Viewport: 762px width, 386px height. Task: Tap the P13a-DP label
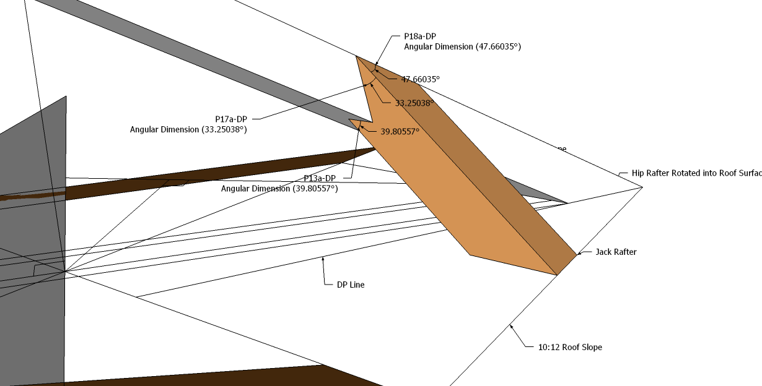tap(320, 178)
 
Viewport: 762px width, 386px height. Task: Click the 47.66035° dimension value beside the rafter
tap(420, 79)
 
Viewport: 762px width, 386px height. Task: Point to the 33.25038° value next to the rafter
tap(414, 103)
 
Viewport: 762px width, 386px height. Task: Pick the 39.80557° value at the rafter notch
tap(400, 131)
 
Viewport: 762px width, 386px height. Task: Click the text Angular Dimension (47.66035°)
tap(462, 46)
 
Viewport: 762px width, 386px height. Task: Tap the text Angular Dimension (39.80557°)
tap(279, 188)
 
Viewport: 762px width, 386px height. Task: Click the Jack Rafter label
tap(616, 252)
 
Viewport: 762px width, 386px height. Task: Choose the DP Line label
tap(351, 285)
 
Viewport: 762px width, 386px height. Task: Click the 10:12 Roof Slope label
tap(570, 347)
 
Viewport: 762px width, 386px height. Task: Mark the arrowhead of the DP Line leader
tap(322, 260)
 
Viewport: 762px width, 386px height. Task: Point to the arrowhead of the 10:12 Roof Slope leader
tap(512, 324)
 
